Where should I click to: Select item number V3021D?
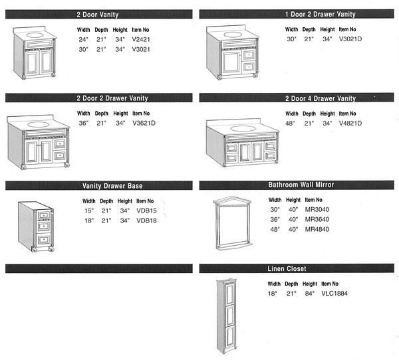coord(350,39)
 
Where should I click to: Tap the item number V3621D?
coord(144,123)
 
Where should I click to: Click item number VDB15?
coord(146,211)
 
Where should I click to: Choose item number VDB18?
coord(146,221)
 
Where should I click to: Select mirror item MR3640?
coord(317,220)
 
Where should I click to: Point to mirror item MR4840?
coord(317,230)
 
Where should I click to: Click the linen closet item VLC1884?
coord(335,293)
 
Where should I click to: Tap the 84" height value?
coord(309,293)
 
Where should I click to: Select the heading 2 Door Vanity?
coord(98,14)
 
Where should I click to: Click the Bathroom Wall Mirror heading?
coord(301,185)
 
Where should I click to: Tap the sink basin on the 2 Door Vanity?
coord(33,33)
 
